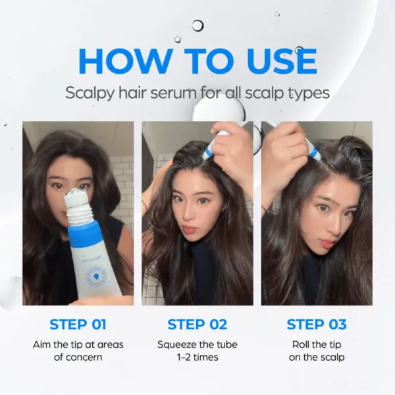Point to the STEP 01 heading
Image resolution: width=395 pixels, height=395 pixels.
(x=78, y=325)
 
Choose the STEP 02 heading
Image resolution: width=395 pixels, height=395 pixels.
(x=197, y=325)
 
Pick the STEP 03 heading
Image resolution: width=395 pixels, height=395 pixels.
(x=317, y=325)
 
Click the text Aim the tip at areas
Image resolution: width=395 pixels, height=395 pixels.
(x=78, y=345)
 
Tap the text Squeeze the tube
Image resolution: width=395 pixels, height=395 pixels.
(x=197, y=345)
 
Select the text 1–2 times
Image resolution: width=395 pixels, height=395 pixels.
(x=197, y=357)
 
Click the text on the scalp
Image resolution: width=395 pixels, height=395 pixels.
(x=317, y=357)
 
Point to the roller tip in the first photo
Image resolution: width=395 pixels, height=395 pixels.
(x=78, y=198)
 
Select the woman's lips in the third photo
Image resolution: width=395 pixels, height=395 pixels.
(x=327, y=243)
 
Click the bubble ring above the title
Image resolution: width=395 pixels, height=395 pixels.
(x=197, y=26)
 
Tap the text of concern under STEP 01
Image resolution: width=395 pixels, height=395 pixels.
(x=78, y=357)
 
